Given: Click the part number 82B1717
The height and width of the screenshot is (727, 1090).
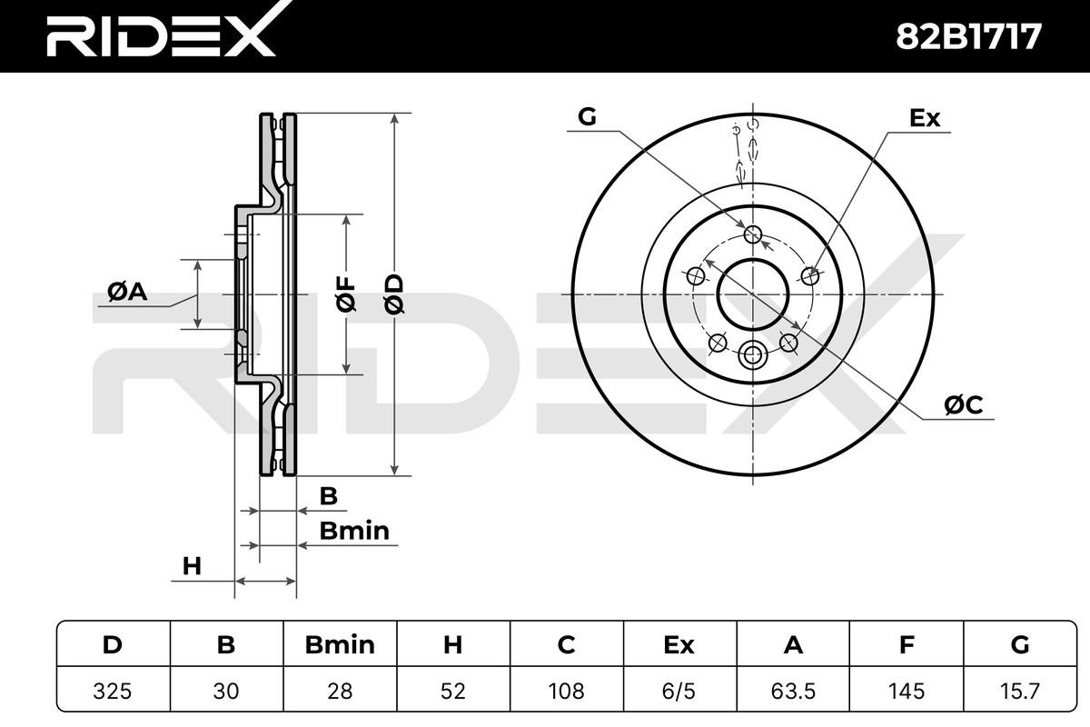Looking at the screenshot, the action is pyautogui.click(x=968, y=36).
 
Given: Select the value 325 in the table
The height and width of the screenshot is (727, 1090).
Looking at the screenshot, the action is pyautogui.click(x=113, y=691).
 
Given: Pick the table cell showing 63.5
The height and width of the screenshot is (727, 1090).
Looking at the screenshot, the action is pyautogui.click(x=793, y=691).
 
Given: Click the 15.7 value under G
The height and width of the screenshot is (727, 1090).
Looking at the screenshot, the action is pyautogui.click(x=1020, y=691).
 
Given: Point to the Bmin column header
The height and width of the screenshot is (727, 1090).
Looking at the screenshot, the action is pyautogui.click(x=340, y=645).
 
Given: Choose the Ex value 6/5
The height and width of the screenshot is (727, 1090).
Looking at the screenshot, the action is pyautogui.click(x=679, y=691).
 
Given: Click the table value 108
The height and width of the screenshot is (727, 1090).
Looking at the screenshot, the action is pyautogui.click(x=567, y=691).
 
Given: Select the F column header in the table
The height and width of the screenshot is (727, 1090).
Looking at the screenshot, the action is pyautogui.click(x=907, y=645).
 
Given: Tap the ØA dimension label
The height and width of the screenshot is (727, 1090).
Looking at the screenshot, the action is pyautogui.click(x=127, y=292).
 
